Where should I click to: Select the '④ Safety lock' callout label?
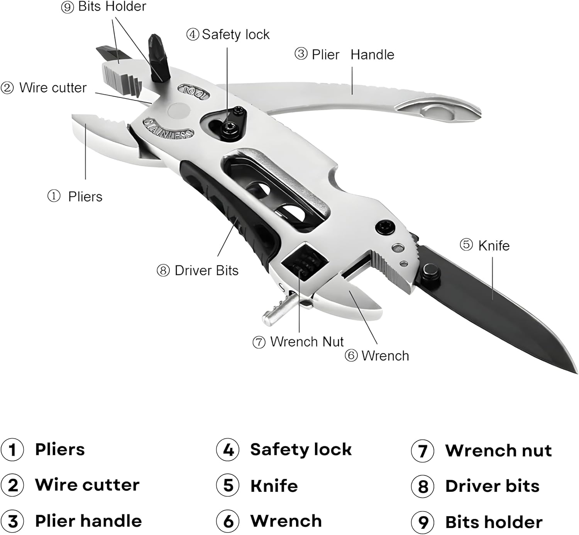228,34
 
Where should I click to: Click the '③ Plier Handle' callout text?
344,54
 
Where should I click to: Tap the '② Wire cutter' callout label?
44,88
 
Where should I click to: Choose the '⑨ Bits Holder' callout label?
103,7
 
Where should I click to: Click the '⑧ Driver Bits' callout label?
198,270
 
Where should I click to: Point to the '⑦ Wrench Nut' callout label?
298,341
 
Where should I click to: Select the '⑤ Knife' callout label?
484,245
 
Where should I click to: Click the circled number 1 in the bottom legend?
12,450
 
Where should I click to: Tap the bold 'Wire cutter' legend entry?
87,485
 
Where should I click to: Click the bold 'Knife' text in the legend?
274,486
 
